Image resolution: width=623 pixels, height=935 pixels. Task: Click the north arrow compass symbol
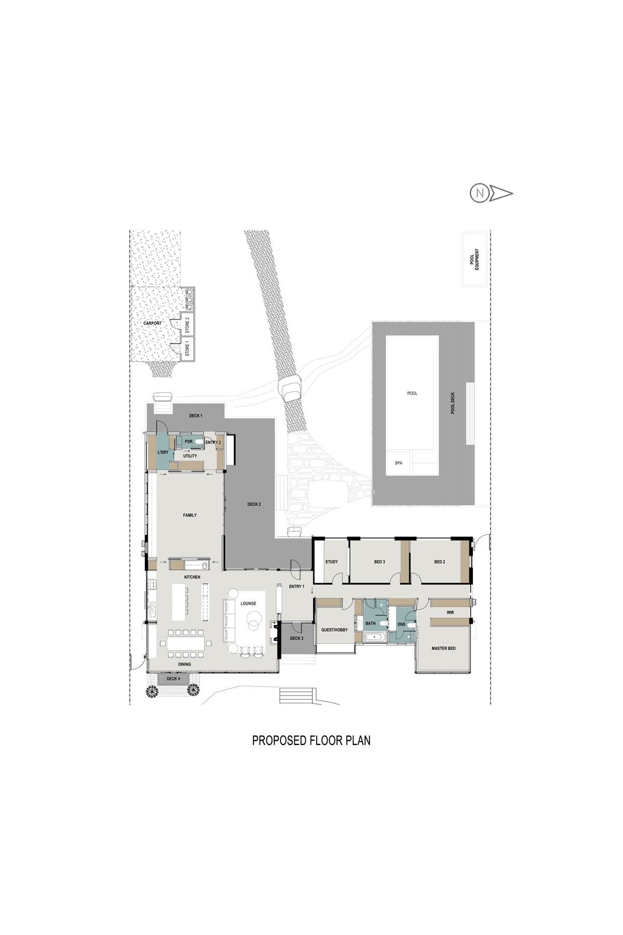click(x=491, y=194)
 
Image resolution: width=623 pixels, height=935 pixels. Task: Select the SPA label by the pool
click(x=399, y=463)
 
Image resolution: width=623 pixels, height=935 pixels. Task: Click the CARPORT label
click(x=153, y=323)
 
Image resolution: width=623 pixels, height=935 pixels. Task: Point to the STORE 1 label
click(x=187, y=348)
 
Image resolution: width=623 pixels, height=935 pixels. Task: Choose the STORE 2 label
click(x=187, y=325)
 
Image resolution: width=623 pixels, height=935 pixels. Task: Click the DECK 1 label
click(x=196, y=416)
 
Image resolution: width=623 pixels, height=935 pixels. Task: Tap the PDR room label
click(x=189, y=442)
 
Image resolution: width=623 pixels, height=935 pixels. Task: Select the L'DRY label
click(x=163, y=452)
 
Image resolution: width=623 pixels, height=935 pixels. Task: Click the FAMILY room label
click(x=190, y=515)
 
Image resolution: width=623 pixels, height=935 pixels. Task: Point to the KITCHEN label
click(x=192, y=577)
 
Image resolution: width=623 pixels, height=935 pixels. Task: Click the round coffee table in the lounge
click(x=254, y=618)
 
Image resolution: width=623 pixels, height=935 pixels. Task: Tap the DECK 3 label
click(x=296, y=638)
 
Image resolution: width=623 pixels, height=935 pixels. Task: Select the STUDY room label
click(x=331, y=562)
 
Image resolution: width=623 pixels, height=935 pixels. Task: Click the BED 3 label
click(x=380, y=562)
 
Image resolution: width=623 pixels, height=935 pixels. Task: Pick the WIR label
click(x=450, y=612)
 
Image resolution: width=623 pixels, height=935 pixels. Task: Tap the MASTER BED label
click(x=444, y=648)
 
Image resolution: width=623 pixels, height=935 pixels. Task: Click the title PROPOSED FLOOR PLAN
click(x=311, y=740)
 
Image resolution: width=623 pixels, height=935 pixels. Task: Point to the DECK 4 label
click(x=173, y=678)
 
